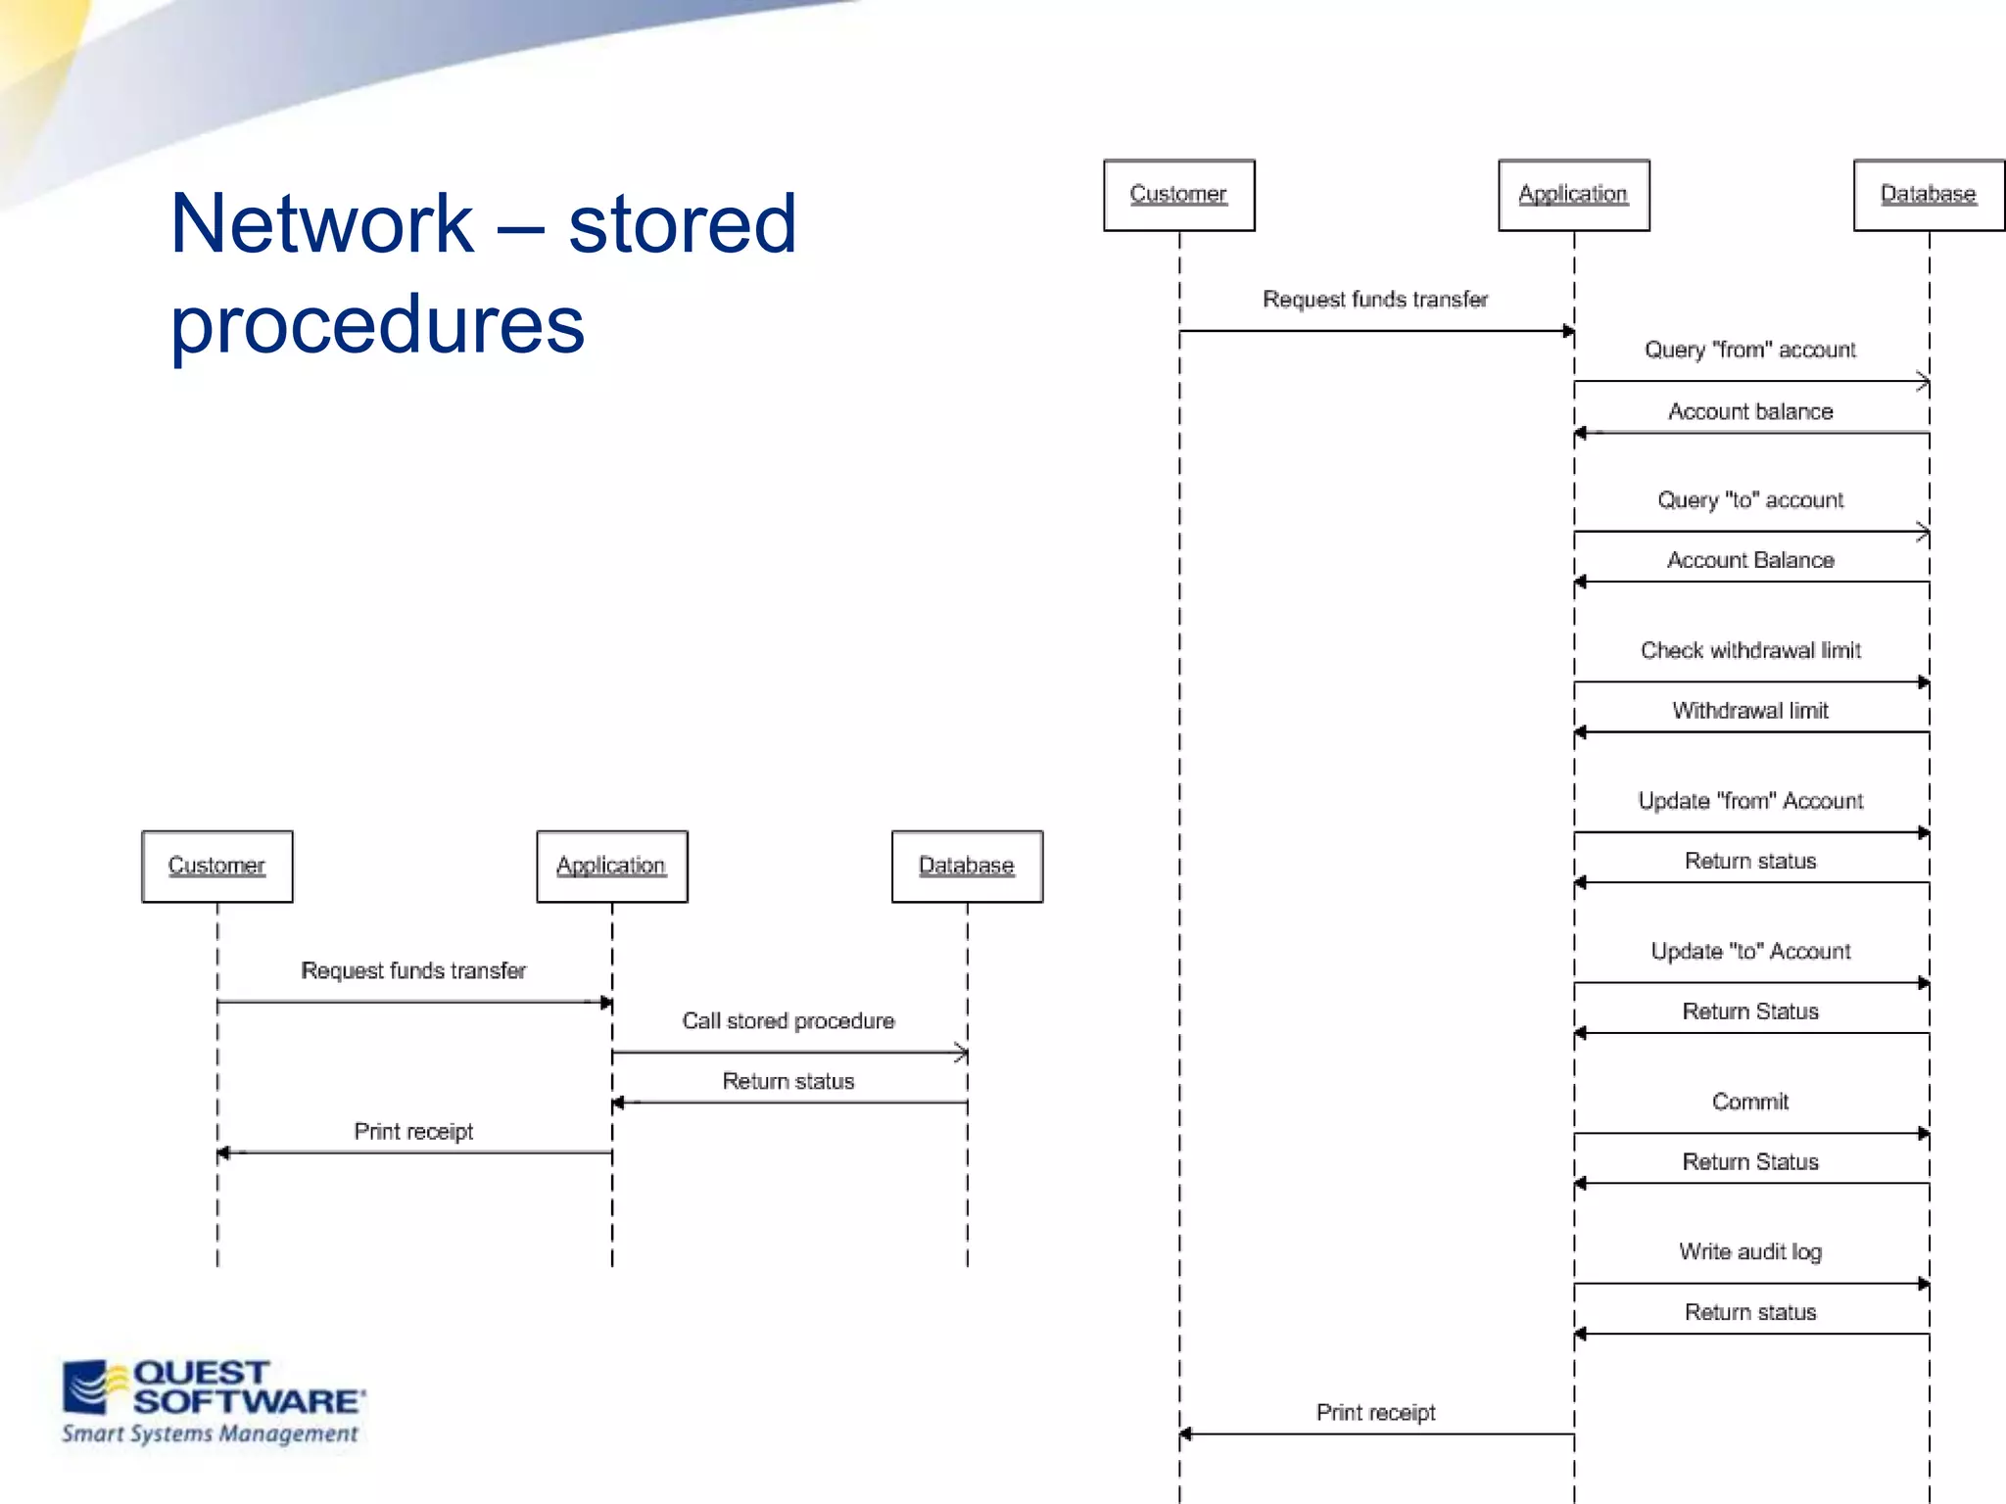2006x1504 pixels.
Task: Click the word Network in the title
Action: pyautogui.click(x=321, y=223)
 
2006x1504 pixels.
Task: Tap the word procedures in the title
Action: pyautogui.click(x=377, y=324)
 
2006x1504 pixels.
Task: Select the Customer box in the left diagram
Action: pyautogui.click(x=216, y=867)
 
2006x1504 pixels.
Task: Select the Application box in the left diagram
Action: pyautogui.click(x=611, y=867)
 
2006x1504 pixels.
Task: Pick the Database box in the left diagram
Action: pyautogui.click(x=966, y=867)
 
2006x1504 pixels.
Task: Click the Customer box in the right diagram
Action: pyautogui.click(x=1178, y=195)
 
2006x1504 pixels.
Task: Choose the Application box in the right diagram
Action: pyautogui.click(x=1573, y=195)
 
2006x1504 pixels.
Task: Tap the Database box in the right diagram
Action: pyautogui.click(x=1928, y=195)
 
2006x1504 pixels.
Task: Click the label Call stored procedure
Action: pyautogui.click(x=788, y=1021)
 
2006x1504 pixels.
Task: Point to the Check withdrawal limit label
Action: pyautogui.click(x=1750, y=650)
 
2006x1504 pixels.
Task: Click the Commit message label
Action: pyautogui.click(x=1750, y=1102)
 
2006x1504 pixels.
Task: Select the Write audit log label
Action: pyautogui.click(x=1750, y=1251)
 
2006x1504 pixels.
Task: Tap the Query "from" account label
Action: pyautogui.click(x=1750, y=350)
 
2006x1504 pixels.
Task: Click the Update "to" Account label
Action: pyautogui.click(x=1750, y=951)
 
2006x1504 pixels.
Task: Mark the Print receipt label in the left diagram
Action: pyautogui.click(x=413, y=1132)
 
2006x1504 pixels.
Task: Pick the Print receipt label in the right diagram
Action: pyautogui.click(x=1375, y=1412)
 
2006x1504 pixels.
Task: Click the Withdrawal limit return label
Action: pyautogui.click(x=1750, y=711)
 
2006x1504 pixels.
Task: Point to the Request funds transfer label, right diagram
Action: pyautogui.click(x=1375, y=300)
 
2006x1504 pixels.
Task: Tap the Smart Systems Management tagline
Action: pyautogui.click(x=210, y=1434)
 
